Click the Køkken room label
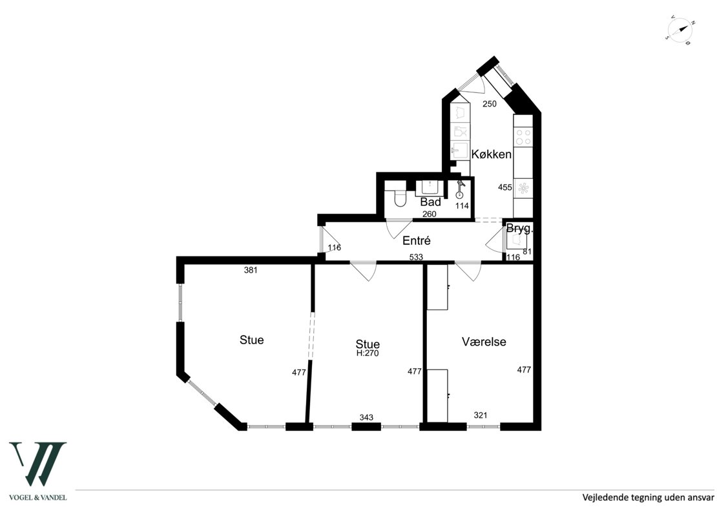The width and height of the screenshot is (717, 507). [491, 154]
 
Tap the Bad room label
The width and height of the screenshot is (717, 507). [431, 202]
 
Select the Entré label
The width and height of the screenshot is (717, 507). [417, 240]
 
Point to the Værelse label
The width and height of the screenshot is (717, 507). [484, 342]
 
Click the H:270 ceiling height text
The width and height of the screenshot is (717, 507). [368, 353]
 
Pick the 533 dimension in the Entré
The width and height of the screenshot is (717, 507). [416, 258]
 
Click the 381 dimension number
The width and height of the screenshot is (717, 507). [251, 270]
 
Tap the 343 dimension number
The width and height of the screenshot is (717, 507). [366, 417]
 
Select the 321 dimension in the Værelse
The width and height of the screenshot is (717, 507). [481, 415]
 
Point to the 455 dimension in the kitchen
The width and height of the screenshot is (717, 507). [505, 187]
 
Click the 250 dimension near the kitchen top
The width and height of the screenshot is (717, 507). [489, 104]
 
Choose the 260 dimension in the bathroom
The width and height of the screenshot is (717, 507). [430, 214]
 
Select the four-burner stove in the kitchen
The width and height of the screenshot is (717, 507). [523, 136]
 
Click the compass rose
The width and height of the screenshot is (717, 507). [680, 31]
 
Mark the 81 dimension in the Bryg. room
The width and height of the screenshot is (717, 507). [527, 251]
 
